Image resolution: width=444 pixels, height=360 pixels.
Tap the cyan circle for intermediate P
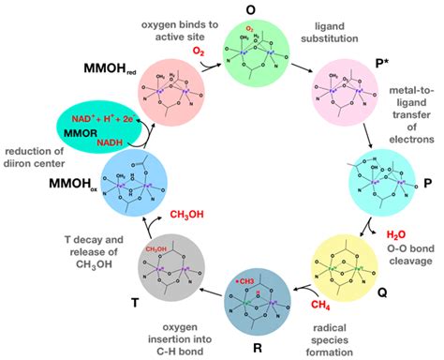click(x=377, y=181)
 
